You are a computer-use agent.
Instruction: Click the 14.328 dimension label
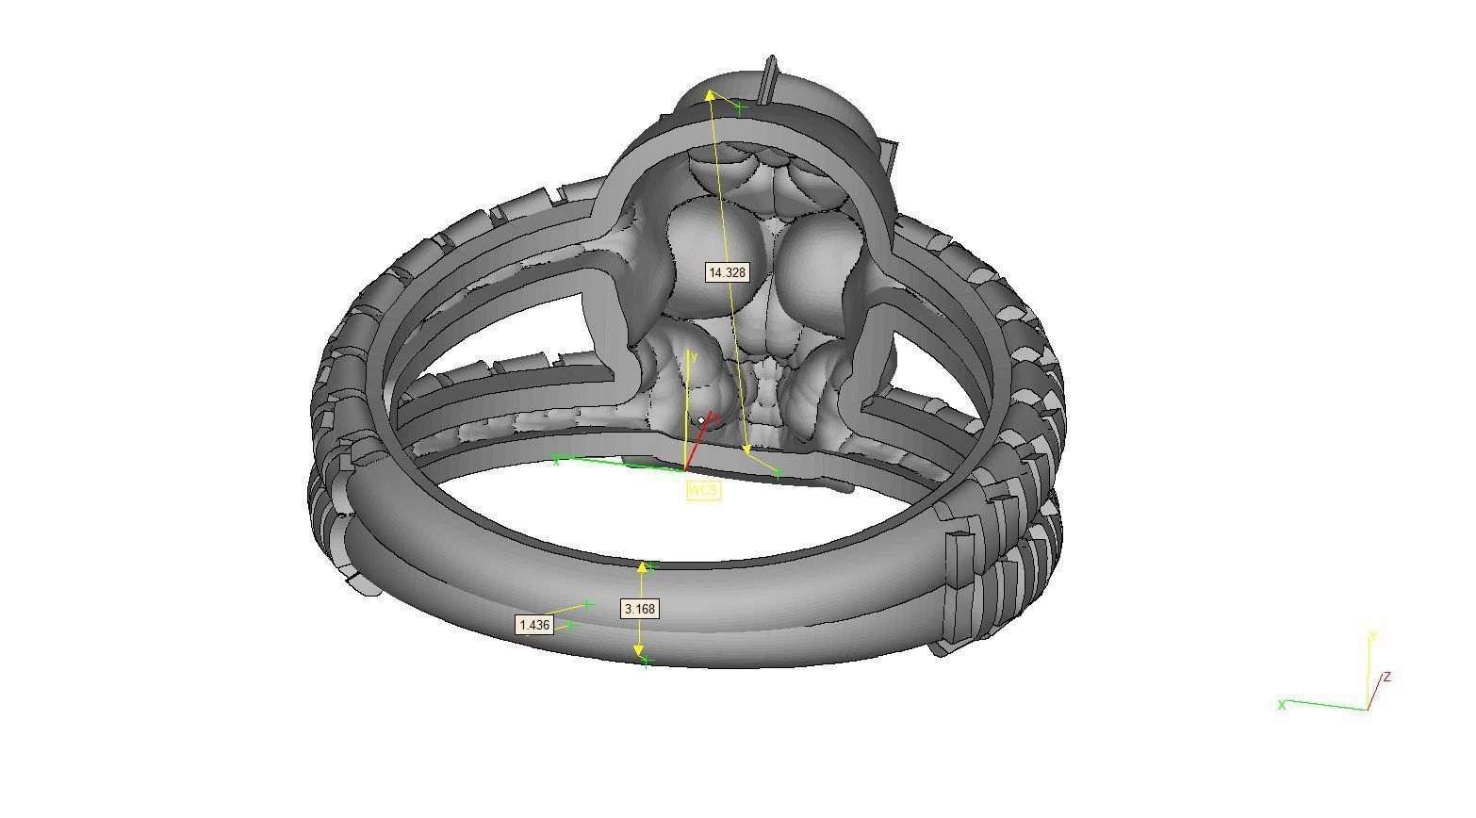coord(727,272)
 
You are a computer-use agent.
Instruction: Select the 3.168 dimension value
coord(640,609)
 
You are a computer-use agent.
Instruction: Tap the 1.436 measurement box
coord(534,625)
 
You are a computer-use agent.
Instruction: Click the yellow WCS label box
coord(703,490)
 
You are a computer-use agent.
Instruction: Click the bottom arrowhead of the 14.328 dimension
coord(747,450)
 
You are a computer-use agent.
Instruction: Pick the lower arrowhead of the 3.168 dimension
coord(639,650)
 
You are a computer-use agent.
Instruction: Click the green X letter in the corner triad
coord(1282,704)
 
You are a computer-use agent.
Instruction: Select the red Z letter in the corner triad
coord(1387,677)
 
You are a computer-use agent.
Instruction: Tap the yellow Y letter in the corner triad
coord(1373,637)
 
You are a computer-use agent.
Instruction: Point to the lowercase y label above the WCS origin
coord(694,357)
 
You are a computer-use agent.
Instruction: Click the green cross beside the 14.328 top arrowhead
coord(741,107)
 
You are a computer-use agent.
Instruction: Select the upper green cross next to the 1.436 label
coord(588,603)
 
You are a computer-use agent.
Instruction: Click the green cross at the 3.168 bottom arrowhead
coord(646,662)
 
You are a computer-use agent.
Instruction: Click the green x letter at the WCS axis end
coord(557,460)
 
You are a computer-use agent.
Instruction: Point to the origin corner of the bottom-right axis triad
coord(1366,709)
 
